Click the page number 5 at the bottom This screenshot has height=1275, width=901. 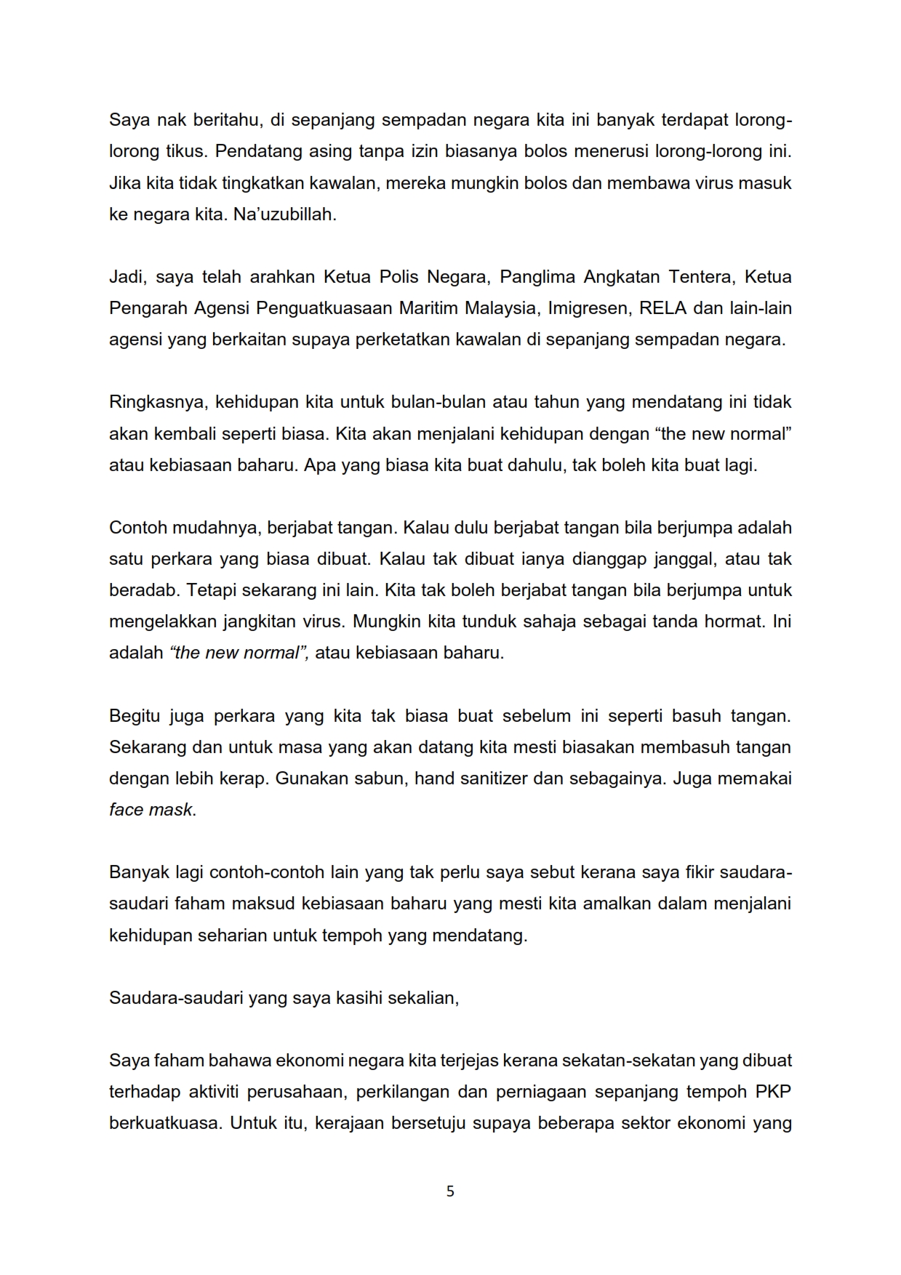click(x=450, y=1191)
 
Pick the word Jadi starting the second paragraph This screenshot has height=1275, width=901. click(x=126, y=277)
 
